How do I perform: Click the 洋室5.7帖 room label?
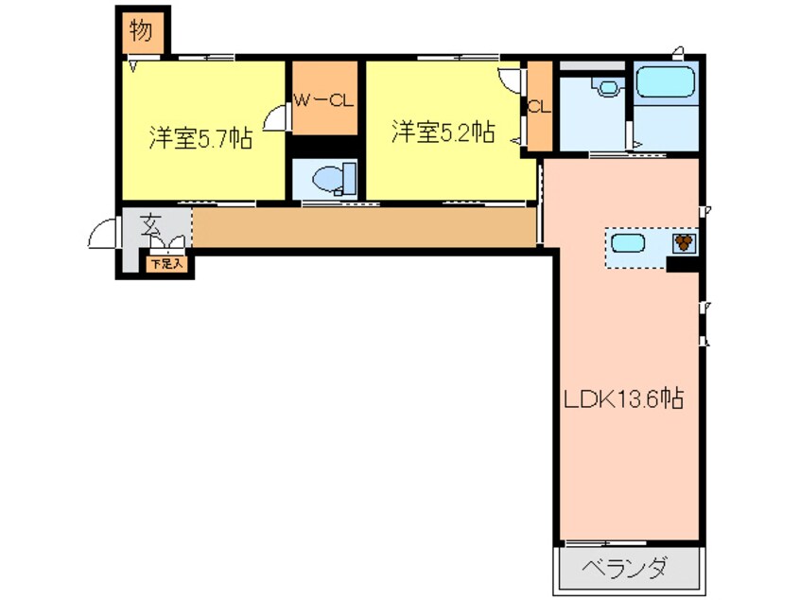click(200, 138)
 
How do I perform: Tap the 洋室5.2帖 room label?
click(443, 132)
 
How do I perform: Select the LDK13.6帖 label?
click(624, 398)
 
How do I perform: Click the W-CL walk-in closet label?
click(322, 99)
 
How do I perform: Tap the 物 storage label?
click(141, 31)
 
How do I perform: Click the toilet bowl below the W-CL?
click(327, 178)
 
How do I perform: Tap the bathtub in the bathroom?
click(665, 84)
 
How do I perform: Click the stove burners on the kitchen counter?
click(683, 243)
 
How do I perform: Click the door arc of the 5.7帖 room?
click(275, 119)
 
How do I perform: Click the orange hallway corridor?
click(364, 227)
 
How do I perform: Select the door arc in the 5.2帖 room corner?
click(511, 80)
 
